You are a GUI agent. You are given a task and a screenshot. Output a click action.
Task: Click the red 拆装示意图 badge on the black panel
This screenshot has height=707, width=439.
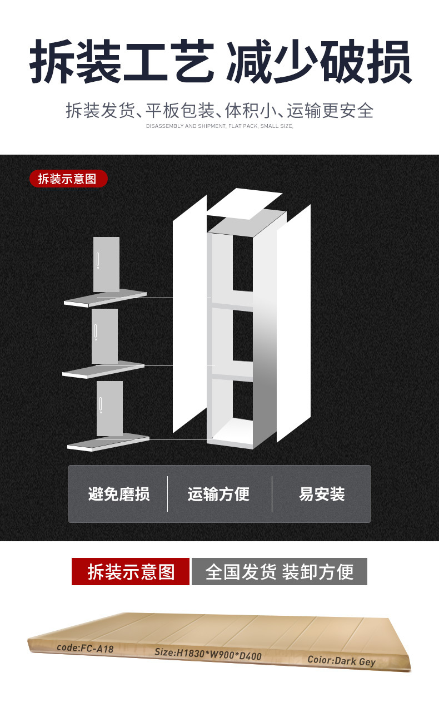pos(67,179)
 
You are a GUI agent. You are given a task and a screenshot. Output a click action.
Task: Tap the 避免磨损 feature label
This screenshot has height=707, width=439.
pos(119,494)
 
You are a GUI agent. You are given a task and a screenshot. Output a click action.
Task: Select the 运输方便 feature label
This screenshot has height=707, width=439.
pos(218,494)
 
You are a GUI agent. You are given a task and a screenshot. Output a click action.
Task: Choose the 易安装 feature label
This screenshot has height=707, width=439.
pos(322,494)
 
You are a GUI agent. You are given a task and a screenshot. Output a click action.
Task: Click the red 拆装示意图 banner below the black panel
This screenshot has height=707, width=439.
pos(131,571)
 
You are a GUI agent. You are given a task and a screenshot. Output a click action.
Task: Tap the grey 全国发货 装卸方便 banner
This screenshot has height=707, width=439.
pos(280,571)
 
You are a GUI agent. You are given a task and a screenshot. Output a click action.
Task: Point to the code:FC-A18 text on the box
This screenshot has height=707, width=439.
pos(85,648)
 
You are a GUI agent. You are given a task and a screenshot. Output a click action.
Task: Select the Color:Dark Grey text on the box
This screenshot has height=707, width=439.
pos(342,661)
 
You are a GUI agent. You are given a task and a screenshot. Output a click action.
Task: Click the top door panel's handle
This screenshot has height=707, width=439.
pos(98,260)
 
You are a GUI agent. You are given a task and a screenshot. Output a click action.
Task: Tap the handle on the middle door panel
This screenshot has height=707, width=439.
pos(96,332)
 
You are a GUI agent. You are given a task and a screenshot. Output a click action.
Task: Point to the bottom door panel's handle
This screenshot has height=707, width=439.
pos(101,405)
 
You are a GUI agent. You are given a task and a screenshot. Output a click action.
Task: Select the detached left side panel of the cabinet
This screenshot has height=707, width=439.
pos(189,314)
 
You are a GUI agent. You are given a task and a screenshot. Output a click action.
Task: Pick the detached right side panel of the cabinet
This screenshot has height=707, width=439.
pos(294,323)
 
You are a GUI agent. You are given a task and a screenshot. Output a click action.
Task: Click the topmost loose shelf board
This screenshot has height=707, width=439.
pos(106,299)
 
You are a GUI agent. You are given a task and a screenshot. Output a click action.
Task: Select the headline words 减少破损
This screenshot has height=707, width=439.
pos(318,61)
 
